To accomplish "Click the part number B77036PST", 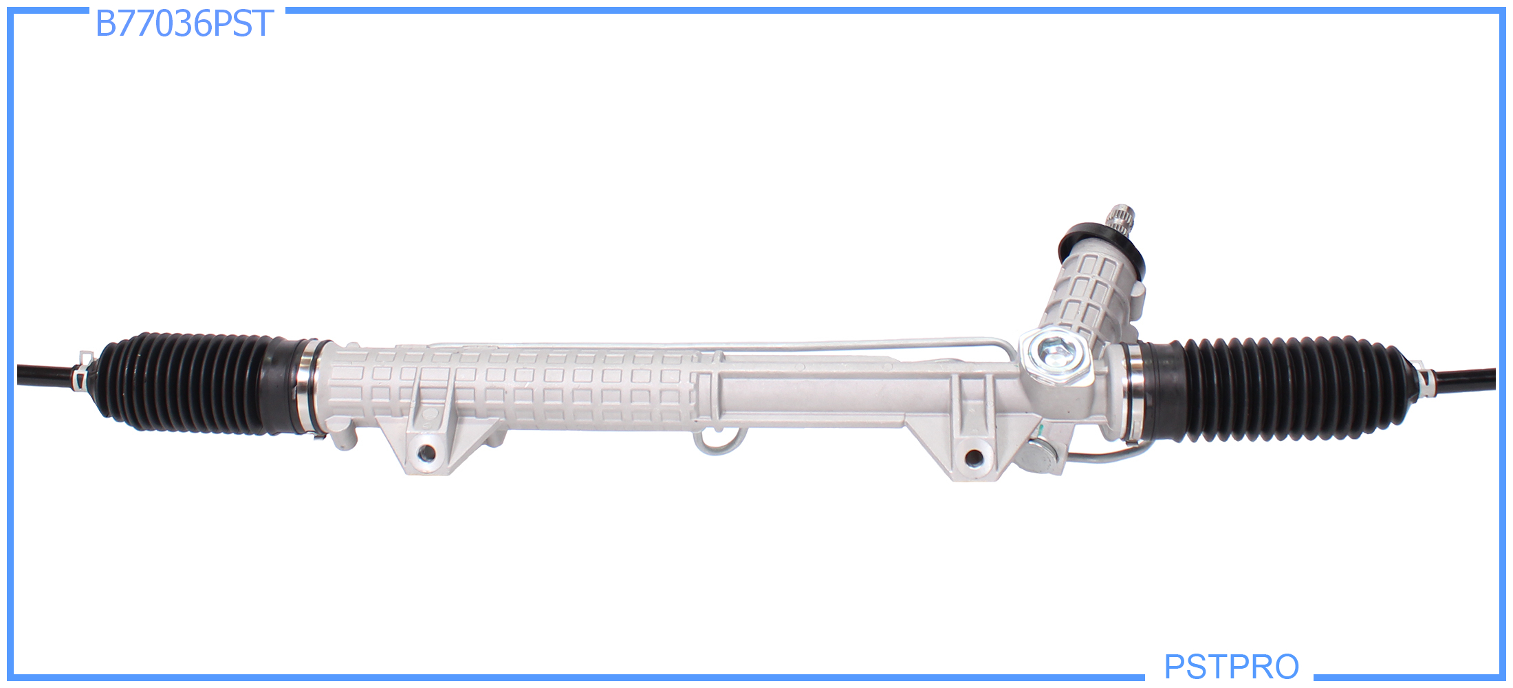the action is (184, 24).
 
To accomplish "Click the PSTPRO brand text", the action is (1231, 666).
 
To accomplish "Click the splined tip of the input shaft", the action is (1120, 222).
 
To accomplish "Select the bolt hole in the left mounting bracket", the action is (426, 453).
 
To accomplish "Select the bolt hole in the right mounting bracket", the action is (975, 458).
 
